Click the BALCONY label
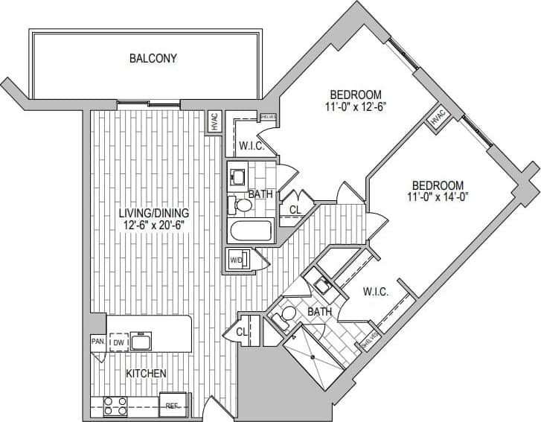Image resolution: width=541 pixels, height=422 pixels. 153,58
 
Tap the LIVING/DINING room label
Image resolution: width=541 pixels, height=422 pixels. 154,212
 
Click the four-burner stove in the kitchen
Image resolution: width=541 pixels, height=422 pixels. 115,406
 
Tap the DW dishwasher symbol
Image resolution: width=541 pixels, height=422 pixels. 118,342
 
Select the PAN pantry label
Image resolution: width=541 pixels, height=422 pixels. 97,342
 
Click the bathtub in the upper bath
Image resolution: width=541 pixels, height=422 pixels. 249,231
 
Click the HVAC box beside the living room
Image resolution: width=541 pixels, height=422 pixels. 215,121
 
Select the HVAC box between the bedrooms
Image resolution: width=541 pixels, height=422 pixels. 437,118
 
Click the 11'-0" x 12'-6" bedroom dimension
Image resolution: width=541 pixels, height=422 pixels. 356,106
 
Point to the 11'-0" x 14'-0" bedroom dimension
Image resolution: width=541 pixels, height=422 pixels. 438,197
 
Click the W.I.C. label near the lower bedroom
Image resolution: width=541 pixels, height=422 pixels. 376,292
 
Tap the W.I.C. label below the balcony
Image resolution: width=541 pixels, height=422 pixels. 252,146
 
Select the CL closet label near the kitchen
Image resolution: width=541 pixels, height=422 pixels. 243,331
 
